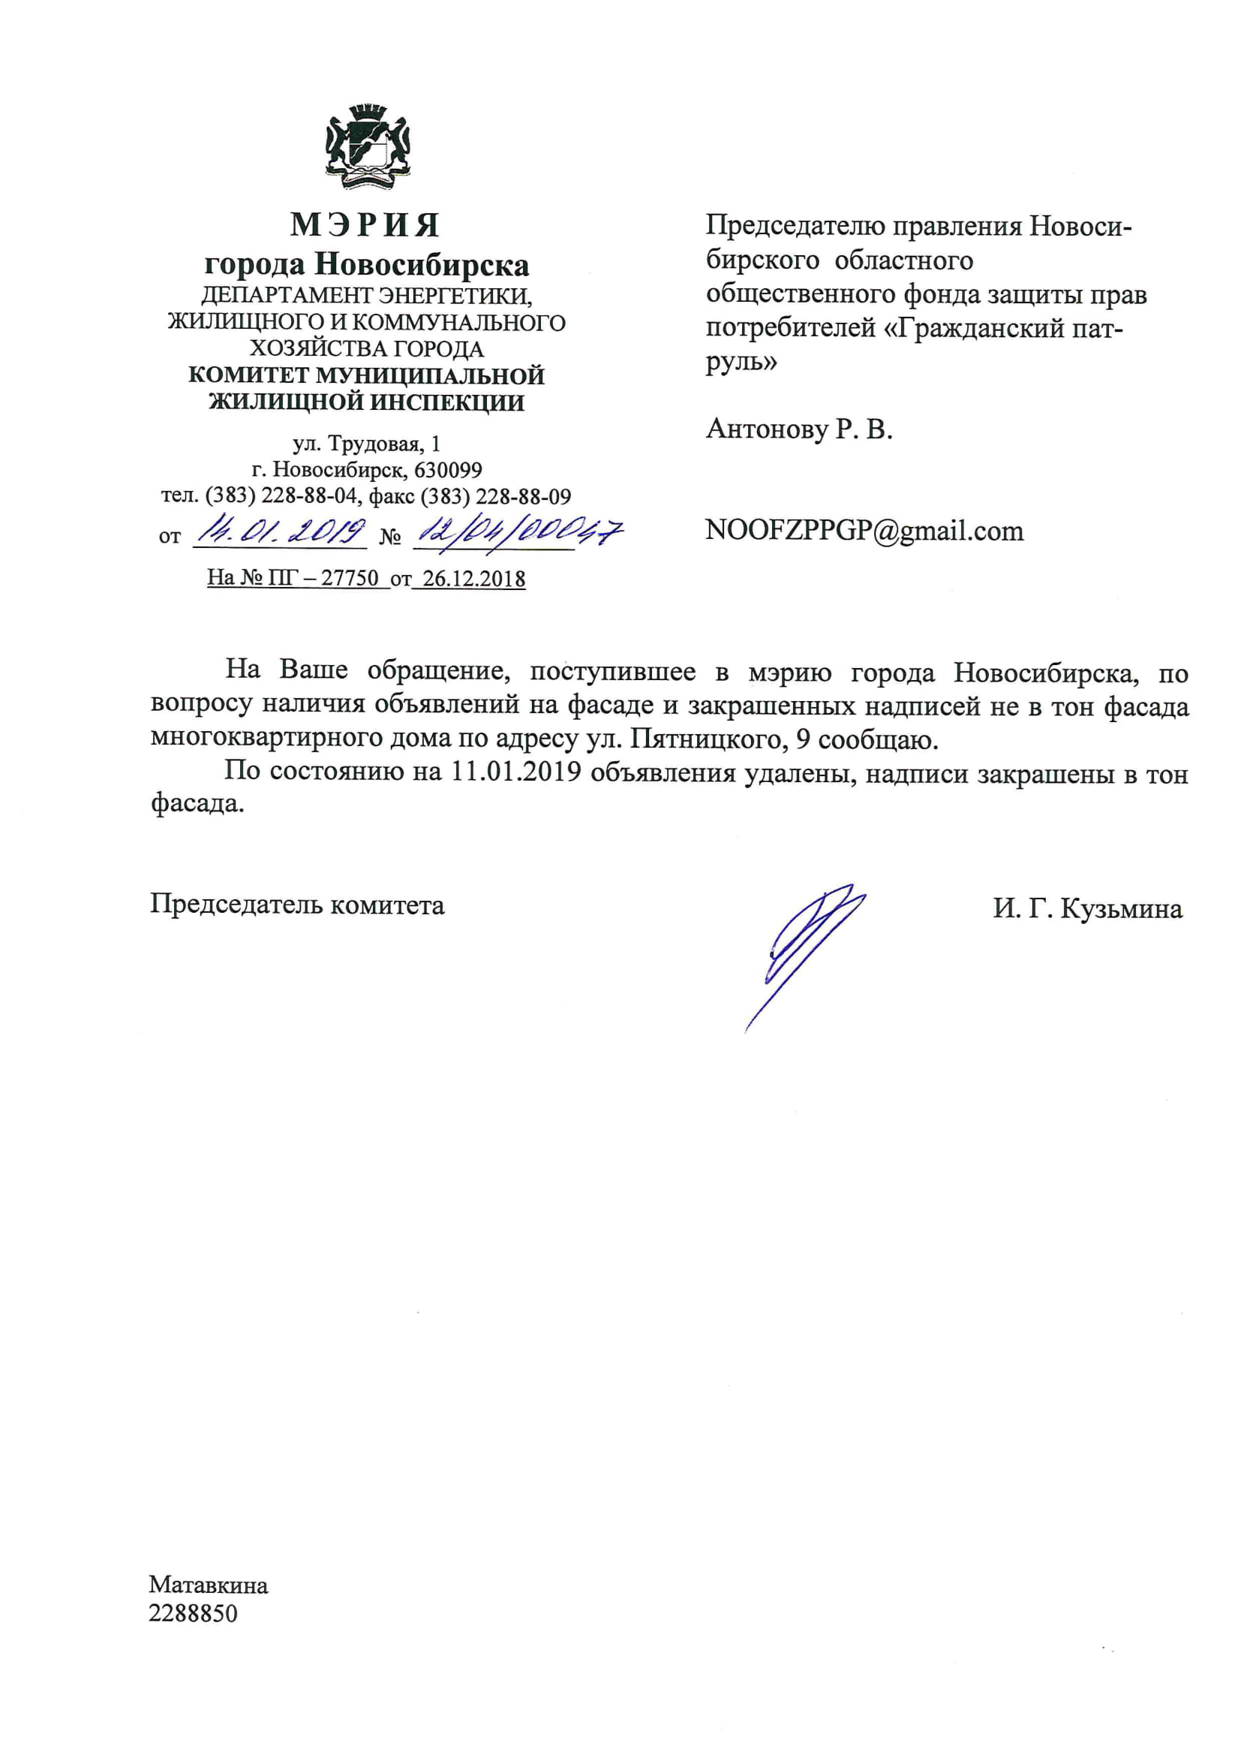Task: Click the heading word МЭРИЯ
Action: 365,224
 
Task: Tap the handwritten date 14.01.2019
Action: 280,532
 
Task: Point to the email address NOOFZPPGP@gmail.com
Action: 864,531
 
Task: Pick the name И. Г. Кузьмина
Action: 1087,909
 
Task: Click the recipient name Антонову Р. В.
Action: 799,429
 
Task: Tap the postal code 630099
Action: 448,469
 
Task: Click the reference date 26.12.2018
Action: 473,579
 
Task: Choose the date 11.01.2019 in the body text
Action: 515,772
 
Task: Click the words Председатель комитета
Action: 297,905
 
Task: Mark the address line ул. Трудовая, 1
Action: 367,444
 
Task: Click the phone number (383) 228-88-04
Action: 281,496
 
